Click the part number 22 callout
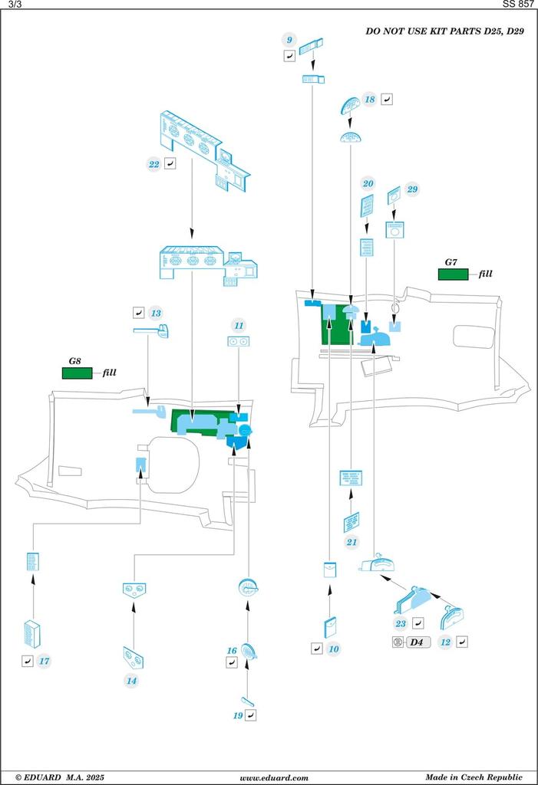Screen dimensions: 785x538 (154, 163)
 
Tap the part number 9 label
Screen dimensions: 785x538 (289, 40)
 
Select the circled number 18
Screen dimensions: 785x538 (370, 100)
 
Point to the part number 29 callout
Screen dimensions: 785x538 (413, 189)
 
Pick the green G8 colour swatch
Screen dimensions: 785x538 (77, 373)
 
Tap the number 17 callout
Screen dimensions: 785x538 (45, 660)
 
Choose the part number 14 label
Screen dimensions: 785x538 (132, 680)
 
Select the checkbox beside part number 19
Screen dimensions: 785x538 (251, 714)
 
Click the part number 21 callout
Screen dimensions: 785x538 (352, 542)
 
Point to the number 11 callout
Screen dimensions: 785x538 (239, 326)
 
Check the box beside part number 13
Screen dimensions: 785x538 (138, 313)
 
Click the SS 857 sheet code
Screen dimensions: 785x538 (518, 5)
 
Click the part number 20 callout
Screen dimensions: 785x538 (368, 184)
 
